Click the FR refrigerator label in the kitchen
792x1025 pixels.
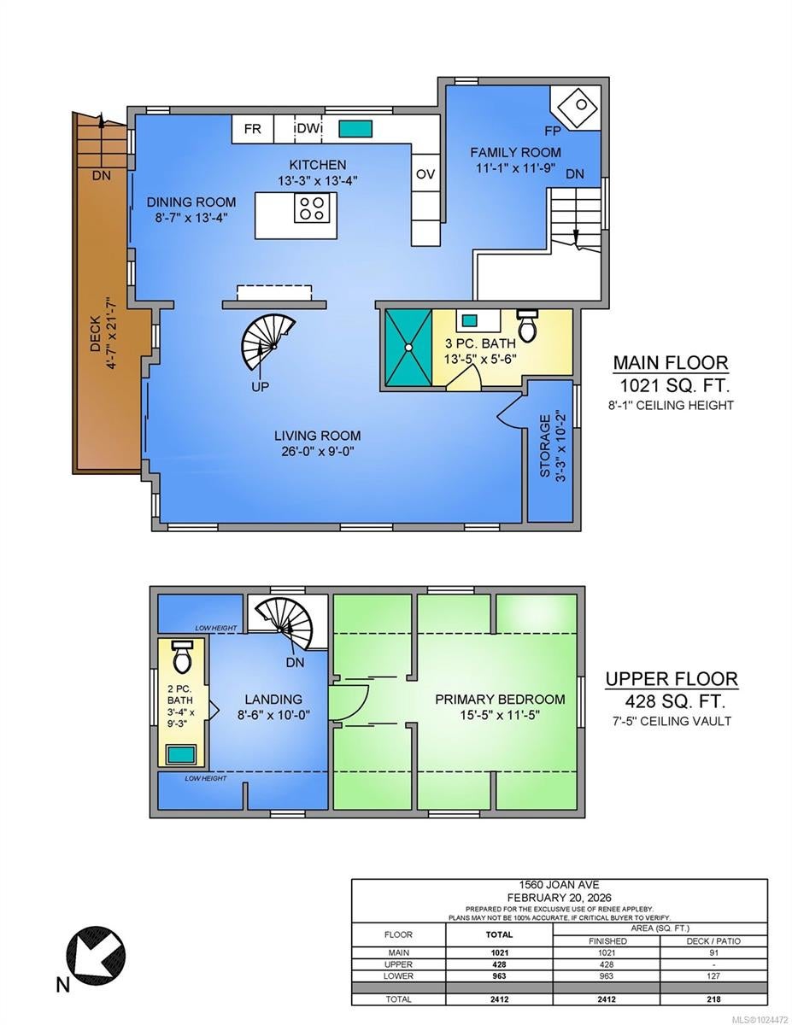[x=252, y=128]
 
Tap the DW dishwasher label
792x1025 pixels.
[x=308, y=128]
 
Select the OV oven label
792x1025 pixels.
[x=425, y=174]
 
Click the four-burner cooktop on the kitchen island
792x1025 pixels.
[x=312, y=208]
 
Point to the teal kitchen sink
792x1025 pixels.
[x=355, y=129]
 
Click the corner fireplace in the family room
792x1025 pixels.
[x=576, y=108]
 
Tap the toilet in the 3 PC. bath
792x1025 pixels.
[x=527, y=326]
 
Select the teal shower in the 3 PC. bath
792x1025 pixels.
[x=408, y=348]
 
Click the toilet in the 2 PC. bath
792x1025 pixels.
[x=181, y=656]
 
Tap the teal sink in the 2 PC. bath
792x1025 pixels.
[x=182, y=755]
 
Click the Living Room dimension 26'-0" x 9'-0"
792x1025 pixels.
[x=318, y=451]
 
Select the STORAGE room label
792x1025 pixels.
[x=545, y=446]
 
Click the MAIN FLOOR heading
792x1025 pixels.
[x=671, y=363]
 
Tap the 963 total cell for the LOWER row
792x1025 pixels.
[x=499, y=976]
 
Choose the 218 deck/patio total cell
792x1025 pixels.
[x=713, y=999]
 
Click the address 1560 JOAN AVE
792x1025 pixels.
[x=559, y=885]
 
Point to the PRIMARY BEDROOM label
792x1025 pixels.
[x=500, y=699]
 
